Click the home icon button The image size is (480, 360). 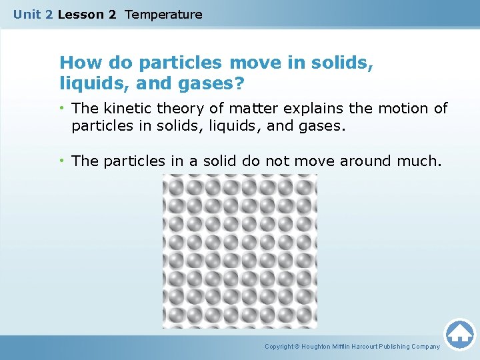pyautogui.click(x=460, y=334)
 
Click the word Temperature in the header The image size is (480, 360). pyautogui.click(x=163, y=14)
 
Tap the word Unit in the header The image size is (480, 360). pyautogui.click(x=27, y=14)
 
